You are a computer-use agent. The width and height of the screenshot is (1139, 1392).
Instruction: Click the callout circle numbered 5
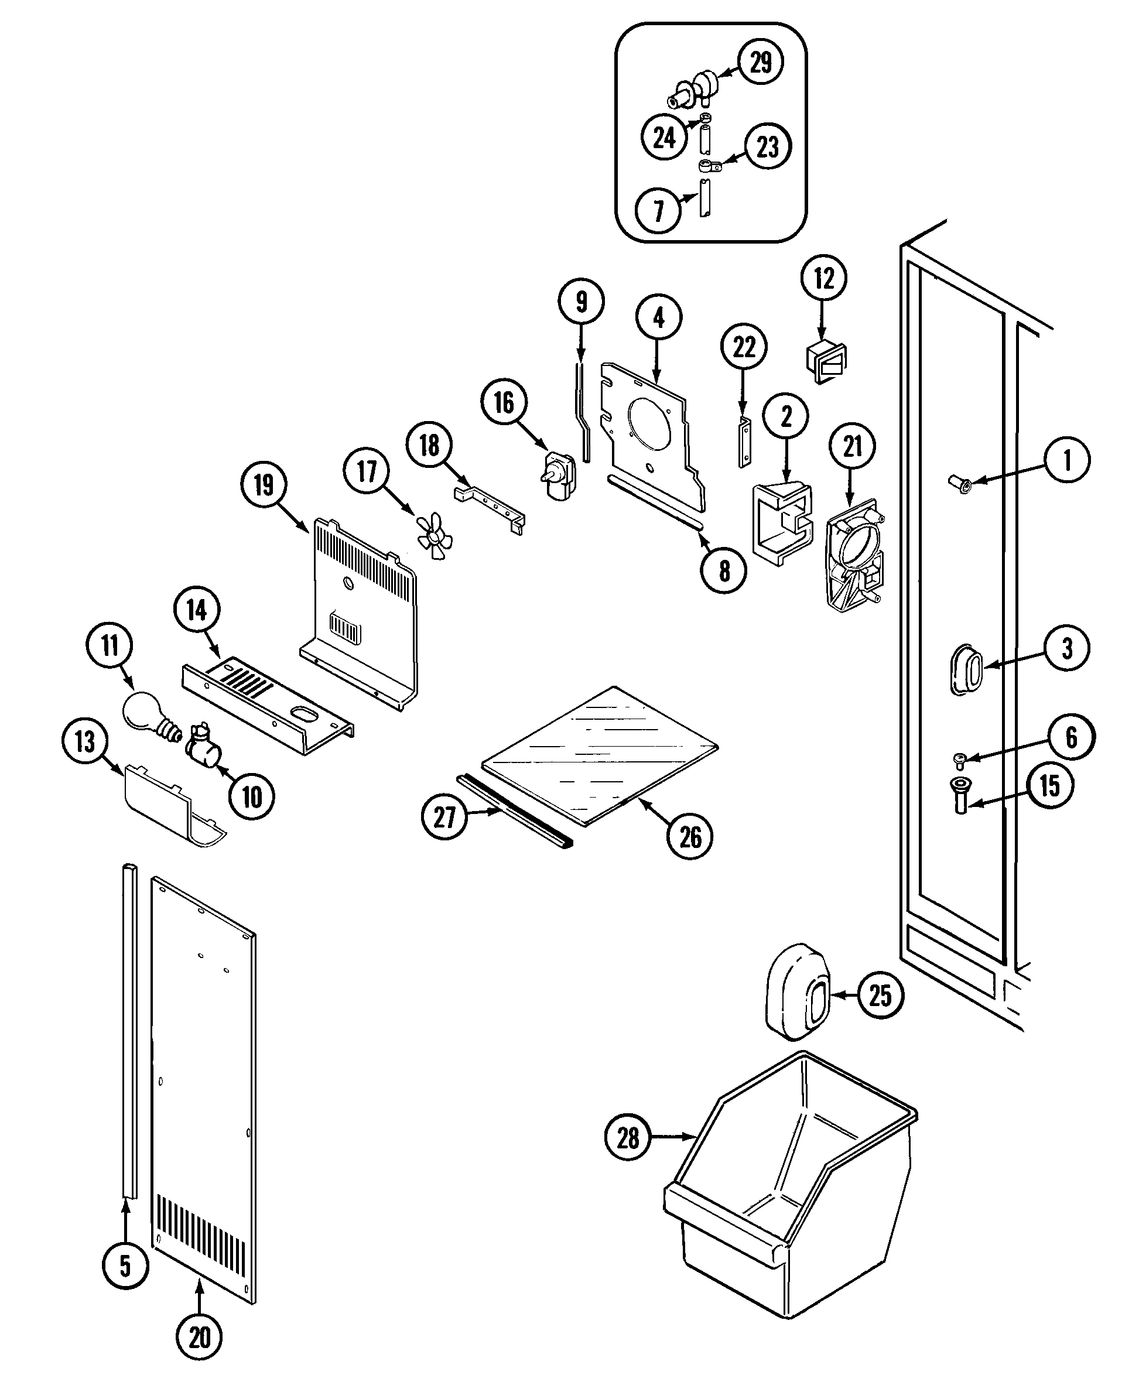click(125, 1266)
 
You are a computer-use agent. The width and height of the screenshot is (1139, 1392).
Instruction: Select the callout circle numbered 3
click(1067, 648)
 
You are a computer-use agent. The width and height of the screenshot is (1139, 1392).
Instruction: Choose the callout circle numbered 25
click(880, 996)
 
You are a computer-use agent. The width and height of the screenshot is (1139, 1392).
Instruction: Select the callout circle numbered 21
click(852, 447)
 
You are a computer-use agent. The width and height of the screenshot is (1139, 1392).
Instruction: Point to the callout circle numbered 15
click(1050, 785)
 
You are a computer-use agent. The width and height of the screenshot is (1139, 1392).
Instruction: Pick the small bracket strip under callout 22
click(744, 441)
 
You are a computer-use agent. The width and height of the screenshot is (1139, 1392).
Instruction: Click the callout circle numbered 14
click(197, 610)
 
